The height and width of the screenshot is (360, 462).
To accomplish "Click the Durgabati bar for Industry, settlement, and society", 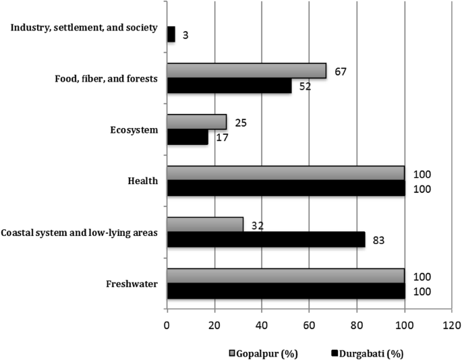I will coord(171,34).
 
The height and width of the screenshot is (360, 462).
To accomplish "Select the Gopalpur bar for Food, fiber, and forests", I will coord(246,71).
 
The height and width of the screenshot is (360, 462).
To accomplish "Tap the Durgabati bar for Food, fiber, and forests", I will coord(229,86).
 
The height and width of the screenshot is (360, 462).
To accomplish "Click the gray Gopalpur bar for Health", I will coord(285,173).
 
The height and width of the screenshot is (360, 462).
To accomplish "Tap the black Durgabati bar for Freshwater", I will coord(285,291).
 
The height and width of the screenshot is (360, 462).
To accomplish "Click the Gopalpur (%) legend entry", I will coord(267,353).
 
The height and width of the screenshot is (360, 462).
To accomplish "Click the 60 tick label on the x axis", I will coord(309,324).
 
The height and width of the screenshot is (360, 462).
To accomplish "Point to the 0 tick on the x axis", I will coord(167,324).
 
